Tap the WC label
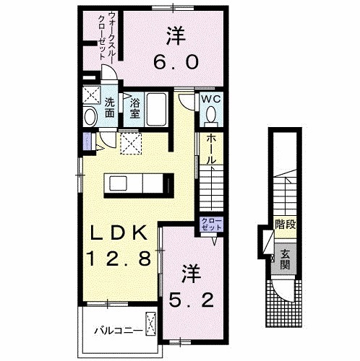tap(210, 99)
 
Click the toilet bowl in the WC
tap(212, 115)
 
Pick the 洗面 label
tap(108, 107)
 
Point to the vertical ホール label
tap(208, 148)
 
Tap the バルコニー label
tap(116, 331)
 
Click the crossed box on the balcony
tap(151, 322)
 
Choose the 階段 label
tap(285, 225)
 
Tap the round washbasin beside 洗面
tap(90, 116)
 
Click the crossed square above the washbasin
tap(90, 95)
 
